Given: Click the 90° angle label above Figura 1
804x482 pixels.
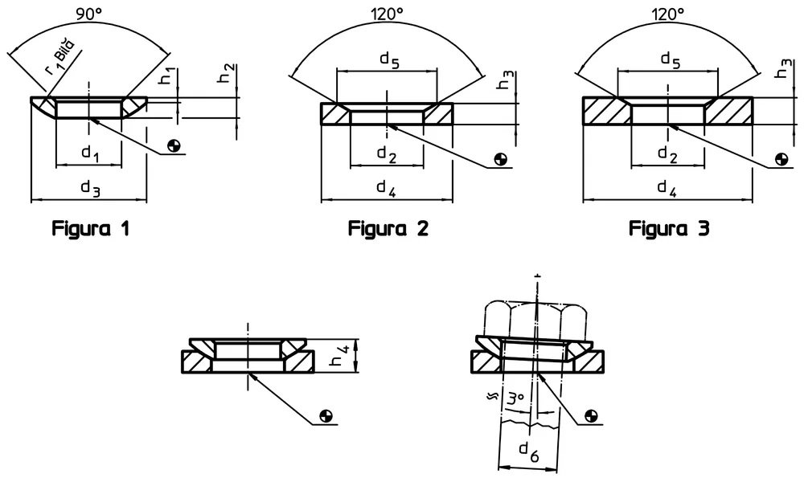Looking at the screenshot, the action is pyautogui.click(x=90, y=14).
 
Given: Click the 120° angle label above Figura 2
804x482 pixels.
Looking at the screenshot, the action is pyautogui.click(x=388, y=14).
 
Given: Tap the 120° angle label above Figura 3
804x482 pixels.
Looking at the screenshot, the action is pyautogui.click(x=667, y=14).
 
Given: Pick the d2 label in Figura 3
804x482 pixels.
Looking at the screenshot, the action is pyautogui.click(x=667, y=153).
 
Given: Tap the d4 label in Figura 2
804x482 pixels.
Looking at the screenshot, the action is pyautogui.click(x=386, y=188).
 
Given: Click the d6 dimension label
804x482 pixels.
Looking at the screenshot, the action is pyautogui.click(x=529, y=451).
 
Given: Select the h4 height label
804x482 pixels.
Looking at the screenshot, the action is pyautogui.click(x=340, y=356).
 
